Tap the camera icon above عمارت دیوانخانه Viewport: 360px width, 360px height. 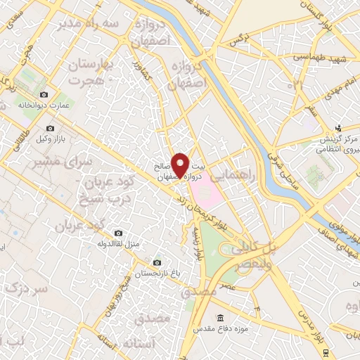coord(44,94)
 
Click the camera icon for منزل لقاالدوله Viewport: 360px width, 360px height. coord(117,233)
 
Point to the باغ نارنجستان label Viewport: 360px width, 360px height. coord(156,271)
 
